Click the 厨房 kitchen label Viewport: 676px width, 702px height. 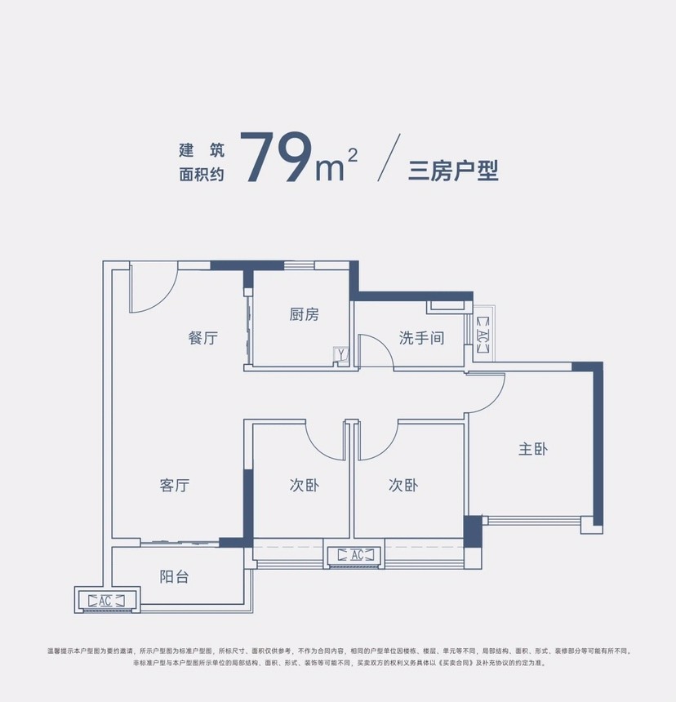304,314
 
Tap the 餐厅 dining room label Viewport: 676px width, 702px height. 202,338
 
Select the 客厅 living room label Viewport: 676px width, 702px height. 175,485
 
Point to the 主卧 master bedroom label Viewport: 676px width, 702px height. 533,449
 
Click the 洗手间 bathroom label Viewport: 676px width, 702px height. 421,338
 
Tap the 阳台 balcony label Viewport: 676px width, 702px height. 174,576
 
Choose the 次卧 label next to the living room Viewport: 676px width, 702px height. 305,485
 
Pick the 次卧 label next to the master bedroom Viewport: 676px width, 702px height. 403,485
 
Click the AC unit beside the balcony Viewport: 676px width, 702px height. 107,600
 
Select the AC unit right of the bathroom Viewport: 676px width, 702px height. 483,335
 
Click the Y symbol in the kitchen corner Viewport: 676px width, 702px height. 341,354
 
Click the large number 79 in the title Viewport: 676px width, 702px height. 276,158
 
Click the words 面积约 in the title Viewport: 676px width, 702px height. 202,174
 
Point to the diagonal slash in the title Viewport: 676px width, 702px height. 389,158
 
